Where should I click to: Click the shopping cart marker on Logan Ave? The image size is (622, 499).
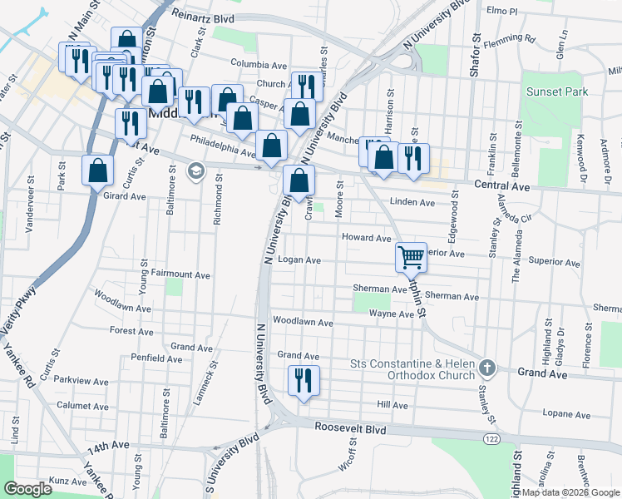click(411, 257)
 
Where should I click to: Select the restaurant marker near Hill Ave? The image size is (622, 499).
click(302, 381)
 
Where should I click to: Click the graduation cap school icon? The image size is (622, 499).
click(196, 170)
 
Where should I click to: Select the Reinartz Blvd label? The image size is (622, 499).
click(203, 17)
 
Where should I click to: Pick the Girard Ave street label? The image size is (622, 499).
click(124, 197)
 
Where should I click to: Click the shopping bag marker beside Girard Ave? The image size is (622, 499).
click(98, 170)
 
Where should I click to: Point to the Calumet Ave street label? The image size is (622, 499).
click(83, 406)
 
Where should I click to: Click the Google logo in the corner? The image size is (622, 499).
click(27, 489)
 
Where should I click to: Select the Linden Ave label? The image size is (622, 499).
click(412, 202)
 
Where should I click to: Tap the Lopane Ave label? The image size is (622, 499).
click(565, 414)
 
